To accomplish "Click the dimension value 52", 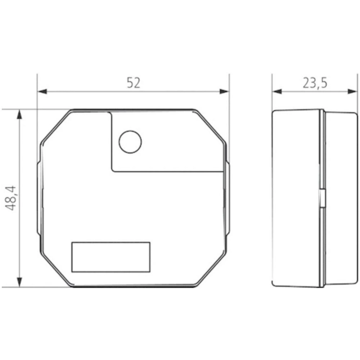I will [x=133, y=83].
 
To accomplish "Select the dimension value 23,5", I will [x=315, y=83].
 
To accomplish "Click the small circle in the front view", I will [x=130, y=141].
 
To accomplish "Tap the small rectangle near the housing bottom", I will [x=111, y=257].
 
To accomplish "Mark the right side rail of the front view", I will [x=227, y=198].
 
